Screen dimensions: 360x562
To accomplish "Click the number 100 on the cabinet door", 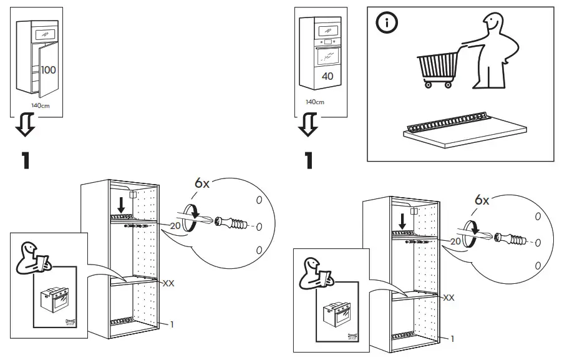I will pos(48,69).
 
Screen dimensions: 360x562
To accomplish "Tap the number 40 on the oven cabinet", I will pos(327,77).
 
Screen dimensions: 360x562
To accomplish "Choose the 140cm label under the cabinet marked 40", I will pos(315,101).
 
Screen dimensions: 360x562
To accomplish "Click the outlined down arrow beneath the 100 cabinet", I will pos(26,125).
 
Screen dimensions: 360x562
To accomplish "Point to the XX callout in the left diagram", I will pos(168,283).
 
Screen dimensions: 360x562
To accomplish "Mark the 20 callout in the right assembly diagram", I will pos(455,240).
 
